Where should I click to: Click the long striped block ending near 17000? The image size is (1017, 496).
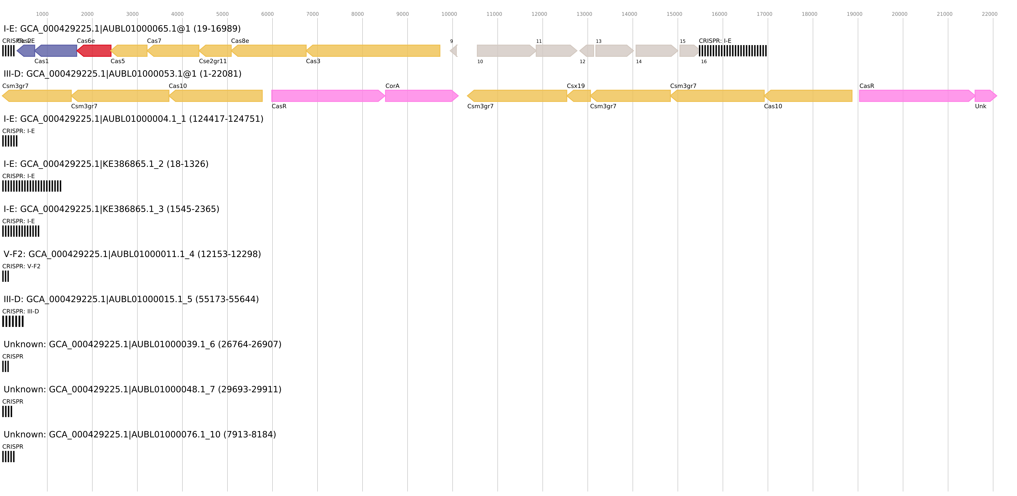tap(733, 51)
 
